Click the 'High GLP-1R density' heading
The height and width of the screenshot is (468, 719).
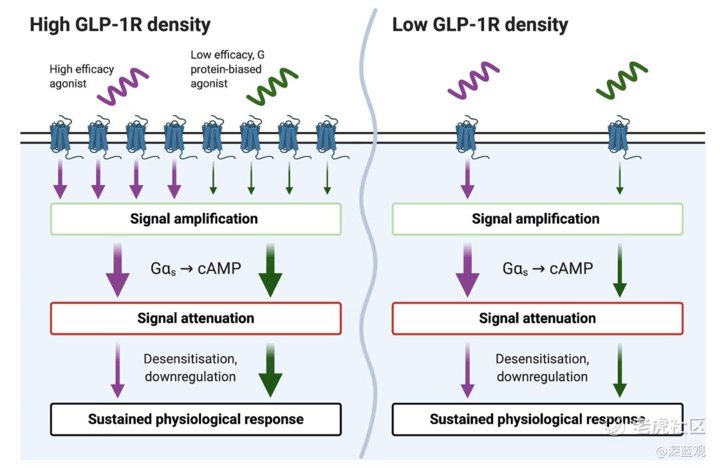[120, 25]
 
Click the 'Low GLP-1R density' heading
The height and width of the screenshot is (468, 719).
[480, 25]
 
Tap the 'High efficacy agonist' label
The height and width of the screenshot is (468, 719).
[82, 76]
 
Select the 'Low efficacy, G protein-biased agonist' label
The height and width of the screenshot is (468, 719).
[227, 69]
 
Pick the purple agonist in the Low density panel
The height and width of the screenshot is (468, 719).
[473, 81]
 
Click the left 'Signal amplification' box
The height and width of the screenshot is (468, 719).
[196, 219]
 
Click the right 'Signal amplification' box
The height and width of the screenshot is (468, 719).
[537, 219]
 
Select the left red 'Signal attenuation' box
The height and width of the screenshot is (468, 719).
[196, 318]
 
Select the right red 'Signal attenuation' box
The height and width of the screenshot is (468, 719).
[537, 318]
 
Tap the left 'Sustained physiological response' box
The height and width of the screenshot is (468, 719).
[196, 419]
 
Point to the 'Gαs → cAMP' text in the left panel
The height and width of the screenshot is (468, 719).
[196, 269]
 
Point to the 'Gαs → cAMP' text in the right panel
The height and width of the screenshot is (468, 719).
[547, 269]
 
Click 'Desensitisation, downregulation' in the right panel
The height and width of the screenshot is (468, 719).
[542, 367]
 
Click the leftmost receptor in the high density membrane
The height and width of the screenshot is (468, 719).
[60, 136]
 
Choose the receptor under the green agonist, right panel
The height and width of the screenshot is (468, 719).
[619, 136]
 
